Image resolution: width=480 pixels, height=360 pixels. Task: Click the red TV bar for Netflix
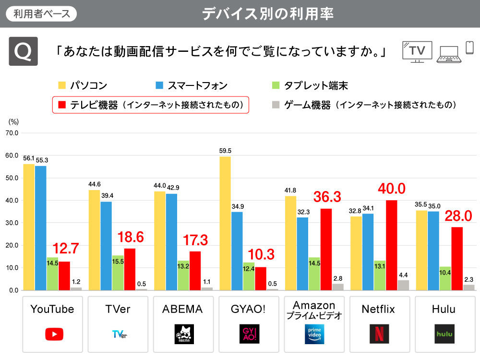click(x=391, y=245)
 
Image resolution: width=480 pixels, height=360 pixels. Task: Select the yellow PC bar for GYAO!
click(x=225, y=223)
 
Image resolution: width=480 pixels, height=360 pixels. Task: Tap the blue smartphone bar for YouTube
click(x=41, y=228)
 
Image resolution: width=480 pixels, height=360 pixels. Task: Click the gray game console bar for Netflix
click(x=403, y=286)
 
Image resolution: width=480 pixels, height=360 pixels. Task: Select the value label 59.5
click(x=225, y=151)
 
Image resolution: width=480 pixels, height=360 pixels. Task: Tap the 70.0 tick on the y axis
click(x=11, y=133)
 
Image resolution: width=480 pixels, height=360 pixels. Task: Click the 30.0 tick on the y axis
click(x=11, y=223)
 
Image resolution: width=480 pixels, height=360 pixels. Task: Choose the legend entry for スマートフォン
click(x=192, y=85)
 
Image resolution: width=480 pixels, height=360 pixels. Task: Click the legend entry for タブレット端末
click(x=310, y=85)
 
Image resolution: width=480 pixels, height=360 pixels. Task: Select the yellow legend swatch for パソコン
click(x=62, y=85)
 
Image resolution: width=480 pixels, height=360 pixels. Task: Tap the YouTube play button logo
click(x=54, y=334)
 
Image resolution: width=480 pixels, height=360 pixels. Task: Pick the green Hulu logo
click(x=444, y=334)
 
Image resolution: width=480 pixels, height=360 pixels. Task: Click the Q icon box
click(x=23, y=51)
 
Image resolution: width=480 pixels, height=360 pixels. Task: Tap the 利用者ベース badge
click(x=41, y=13)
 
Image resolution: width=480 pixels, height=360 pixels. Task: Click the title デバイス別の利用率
click(x=268, y=13)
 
